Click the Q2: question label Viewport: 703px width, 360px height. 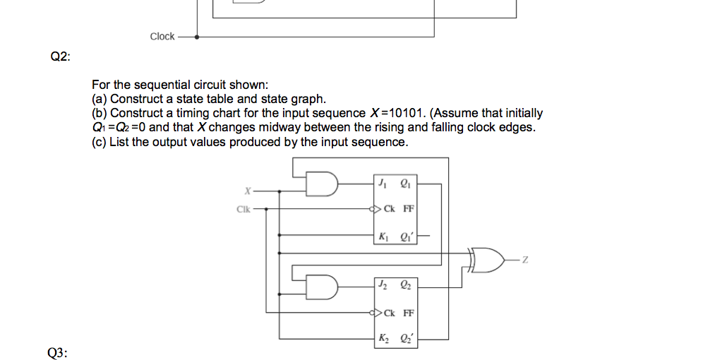pos(60,57)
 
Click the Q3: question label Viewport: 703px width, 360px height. pos(58,353)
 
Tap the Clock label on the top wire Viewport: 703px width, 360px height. pos(162,36)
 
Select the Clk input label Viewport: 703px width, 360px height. pos(244,209)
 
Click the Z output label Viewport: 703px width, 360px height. pos(525,260)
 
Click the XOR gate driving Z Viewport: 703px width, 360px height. pos(487,260)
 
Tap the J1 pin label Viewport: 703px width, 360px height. pos(383,183)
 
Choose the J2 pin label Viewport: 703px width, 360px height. pos(383,284)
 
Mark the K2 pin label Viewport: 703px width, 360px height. pos(383,337)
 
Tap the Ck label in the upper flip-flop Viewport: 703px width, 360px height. pos(389,209)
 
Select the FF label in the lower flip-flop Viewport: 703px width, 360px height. pos(409,313)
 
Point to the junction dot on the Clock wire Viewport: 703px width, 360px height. pos(196,37)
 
